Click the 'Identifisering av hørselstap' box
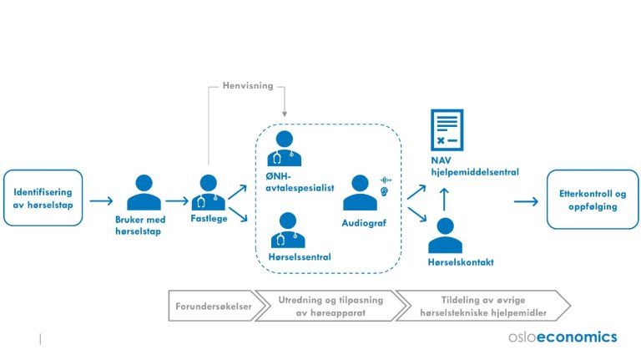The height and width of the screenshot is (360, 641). [x=43, y=200]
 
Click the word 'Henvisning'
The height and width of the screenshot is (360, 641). [x=247, y=86]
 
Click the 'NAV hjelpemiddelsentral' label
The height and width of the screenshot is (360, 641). [x=473, y=167]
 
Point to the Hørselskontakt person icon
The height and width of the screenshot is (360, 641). [x=446, y=236]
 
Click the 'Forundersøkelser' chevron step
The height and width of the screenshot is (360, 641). [x=210, y=305]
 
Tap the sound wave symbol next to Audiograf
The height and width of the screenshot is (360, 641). [x=386, y=180]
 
